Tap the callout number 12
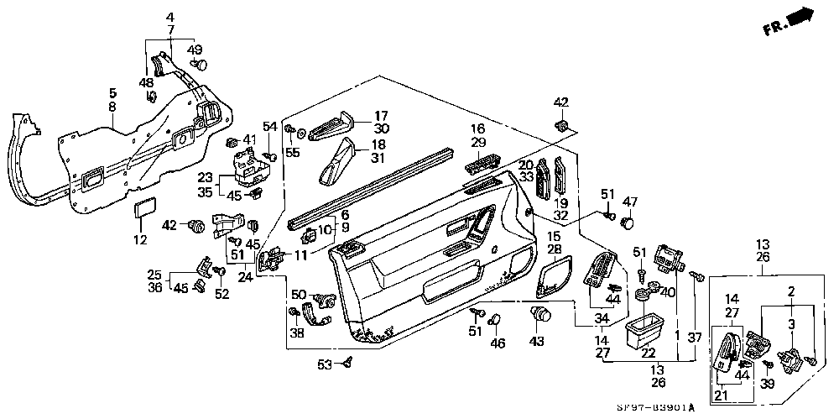click(x=140, y=241)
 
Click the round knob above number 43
click(x=541, y=316)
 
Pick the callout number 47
click(x=630, y=202)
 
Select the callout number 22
click(x=649, y=352)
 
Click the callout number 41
click(x=249, y=139)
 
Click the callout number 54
click(x=269, y=126)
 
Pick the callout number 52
click(x=221, y=294)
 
